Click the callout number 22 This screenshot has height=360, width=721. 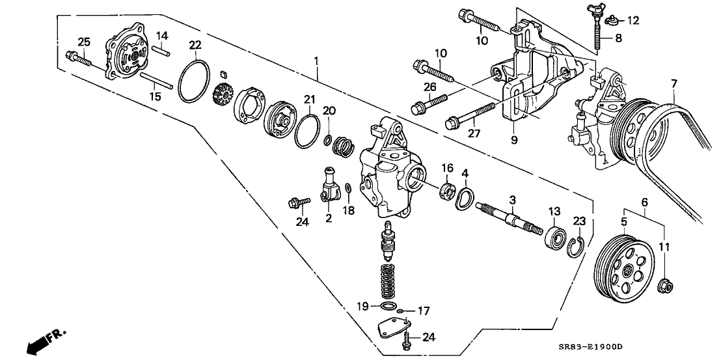(195, 45)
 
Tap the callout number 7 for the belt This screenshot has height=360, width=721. (673, 85)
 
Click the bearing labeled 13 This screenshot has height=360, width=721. (554, 237)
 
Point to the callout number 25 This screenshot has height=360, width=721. (83, 42)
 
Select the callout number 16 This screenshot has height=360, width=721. (447, 168)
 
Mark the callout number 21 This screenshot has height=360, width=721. (310, 99)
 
